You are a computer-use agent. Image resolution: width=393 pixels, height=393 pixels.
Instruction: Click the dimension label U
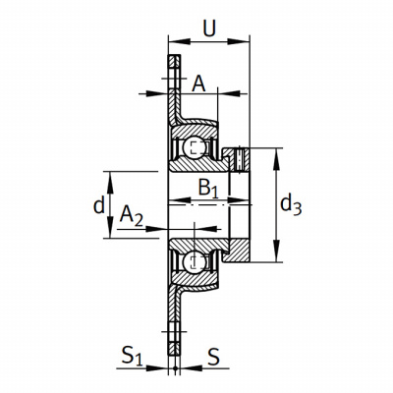click(x=209, y=28)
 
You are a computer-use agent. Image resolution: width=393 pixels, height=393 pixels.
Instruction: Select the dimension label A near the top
click(x=198, y=84)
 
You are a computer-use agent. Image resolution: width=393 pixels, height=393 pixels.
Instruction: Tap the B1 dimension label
click(x=208, y=189)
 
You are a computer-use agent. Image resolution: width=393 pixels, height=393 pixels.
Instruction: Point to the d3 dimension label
click(x=291, y=206)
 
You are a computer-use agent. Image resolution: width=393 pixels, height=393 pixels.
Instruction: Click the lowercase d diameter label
click(x=99, y=205)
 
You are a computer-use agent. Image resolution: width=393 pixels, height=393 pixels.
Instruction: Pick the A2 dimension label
click(x=131, y=216)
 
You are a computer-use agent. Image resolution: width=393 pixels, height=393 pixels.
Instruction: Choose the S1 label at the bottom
click(x=132, y=357)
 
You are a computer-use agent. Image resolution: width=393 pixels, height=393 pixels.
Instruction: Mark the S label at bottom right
click(x=213, y=356)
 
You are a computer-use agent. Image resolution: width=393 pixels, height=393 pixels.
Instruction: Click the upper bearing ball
click(x=195, y=148)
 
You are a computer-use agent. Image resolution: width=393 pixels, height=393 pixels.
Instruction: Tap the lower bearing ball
click(x=195, y=262)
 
